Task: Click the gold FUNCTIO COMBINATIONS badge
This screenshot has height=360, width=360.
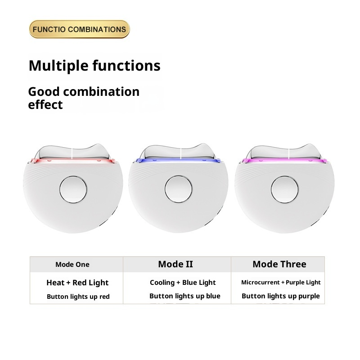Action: (79, 29)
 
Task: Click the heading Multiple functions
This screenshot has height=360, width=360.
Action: (94, 66)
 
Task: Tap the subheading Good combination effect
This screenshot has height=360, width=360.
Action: (84, 98)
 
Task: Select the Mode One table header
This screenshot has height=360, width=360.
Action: (72, 265)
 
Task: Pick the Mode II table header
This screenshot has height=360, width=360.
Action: (175, 264)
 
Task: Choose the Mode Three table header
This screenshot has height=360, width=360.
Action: (279, 264)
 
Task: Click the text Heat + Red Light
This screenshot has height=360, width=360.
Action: (77, 283)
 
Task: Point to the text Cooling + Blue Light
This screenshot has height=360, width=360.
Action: (183, 283)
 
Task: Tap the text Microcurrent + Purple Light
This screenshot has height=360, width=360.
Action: (281, 283)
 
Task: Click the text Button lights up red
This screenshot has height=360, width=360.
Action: (78, 297)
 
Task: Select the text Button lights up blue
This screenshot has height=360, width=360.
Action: (185, 296)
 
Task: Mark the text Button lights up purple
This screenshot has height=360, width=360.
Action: (281, 296)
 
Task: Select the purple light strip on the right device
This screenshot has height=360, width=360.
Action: (283, 160)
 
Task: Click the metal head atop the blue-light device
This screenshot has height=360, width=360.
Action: (179, 151)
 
